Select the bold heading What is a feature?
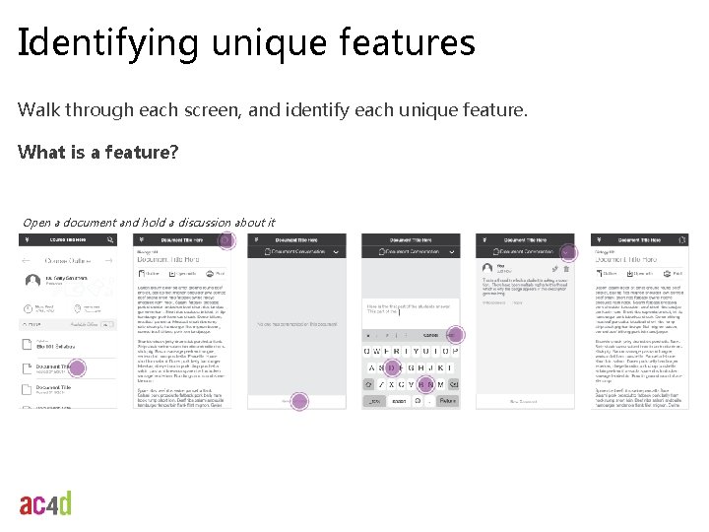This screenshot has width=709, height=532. tap(97, 153)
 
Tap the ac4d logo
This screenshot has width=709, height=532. tap(45, 503)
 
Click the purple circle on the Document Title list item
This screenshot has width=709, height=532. tap(77, 367)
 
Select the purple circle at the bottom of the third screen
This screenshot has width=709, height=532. tap(298, 401)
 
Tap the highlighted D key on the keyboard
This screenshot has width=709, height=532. tap(392, 367)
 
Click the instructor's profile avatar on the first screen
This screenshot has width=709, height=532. tap(30, 282)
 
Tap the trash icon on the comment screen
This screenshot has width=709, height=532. tap(565, 268)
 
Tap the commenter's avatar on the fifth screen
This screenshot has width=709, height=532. tap(486, 269)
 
